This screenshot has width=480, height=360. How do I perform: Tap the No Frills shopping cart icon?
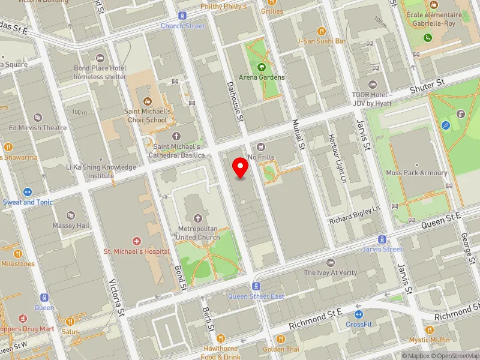tap(260, 146)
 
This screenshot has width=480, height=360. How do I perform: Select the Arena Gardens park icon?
tap(261, 67)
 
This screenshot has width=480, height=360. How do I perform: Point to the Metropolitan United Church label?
tap(199, 233)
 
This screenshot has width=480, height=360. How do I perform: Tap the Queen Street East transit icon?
tap(256, 286)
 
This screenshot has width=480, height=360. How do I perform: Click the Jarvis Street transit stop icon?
tap(382, 239)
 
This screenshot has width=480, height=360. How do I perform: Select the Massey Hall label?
tap(70, 225)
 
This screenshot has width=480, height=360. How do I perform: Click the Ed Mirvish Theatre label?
tap(38, 127)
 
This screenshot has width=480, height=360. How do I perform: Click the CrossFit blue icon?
tap(358, 314)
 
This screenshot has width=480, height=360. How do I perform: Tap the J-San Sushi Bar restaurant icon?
tap(322, 31)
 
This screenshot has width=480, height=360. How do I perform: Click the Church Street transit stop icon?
tap(182, 16)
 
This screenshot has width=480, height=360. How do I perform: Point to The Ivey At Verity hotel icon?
tap(330, 263)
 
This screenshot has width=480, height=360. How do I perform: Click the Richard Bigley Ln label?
tap(355, 215)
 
